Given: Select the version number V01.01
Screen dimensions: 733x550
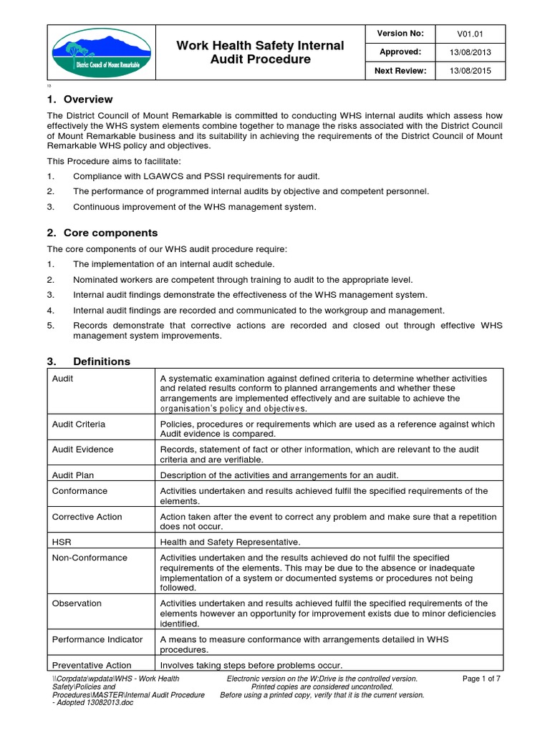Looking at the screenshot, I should tap(474, 34).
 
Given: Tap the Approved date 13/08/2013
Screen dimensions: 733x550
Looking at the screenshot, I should tap(474, 52).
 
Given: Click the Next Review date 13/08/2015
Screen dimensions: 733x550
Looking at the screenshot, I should tap(474, 71).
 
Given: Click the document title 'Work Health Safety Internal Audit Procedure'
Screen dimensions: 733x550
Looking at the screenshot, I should tap(260, 52).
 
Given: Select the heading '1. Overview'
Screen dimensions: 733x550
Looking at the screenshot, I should tap(79, 99).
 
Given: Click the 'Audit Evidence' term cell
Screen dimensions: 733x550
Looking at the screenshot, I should tap(83, 450).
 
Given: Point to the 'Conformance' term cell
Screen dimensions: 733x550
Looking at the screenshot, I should tap(80, 491).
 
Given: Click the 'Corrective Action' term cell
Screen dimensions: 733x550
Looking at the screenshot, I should tap(87, 517).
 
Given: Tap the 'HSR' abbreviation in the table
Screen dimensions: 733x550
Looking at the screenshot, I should tap(62, 542).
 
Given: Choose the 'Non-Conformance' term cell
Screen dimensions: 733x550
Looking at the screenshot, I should tap(90, 558).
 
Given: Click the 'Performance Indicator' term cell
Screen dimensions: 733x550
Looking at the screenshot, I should tap(97, 639).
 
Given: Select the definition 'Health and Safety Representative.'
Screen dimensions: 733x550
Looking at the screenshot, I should tap(231, 542).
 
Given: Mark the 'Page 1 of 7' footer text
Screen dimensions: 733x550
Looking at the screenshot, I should tap(481, 679).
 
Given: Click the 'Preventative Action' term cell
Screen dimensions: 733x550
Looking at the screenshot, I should tap(92, 664).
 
